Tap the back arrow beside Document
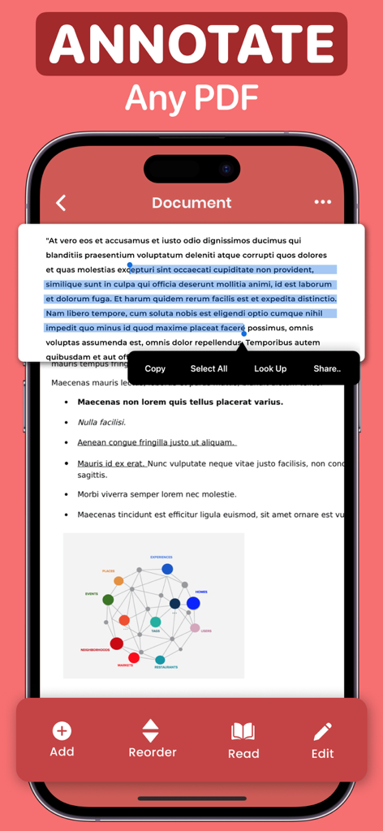pos(61,203)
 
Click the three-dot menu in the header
pos(323,202)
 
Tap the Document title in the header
pos(191,203)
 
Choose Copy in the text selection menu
pos(155,368)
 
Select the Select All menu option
pos(209,368)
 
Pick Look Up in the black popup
pos(270,368)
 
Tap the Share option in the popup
pos(327,368)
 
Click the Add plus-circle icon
pos(62,731)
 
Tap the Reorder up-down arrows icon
pos(151,730)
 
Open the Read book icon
pos(243,731)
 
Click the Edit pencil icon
pos(323,731)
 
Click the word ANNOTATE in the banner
pos(191,44)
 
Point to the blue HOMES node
pos(193,603)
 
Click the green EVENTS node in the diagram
pos(108,600)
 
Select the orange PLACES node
pos(118,580)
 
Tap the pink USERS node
pos(195,627)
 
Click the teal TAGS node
pos(155,622)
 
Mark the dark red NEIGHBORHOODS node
pos(116,644)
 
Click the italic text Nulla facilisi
pos(101,422)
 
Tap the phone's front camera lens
pos(226,170)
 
